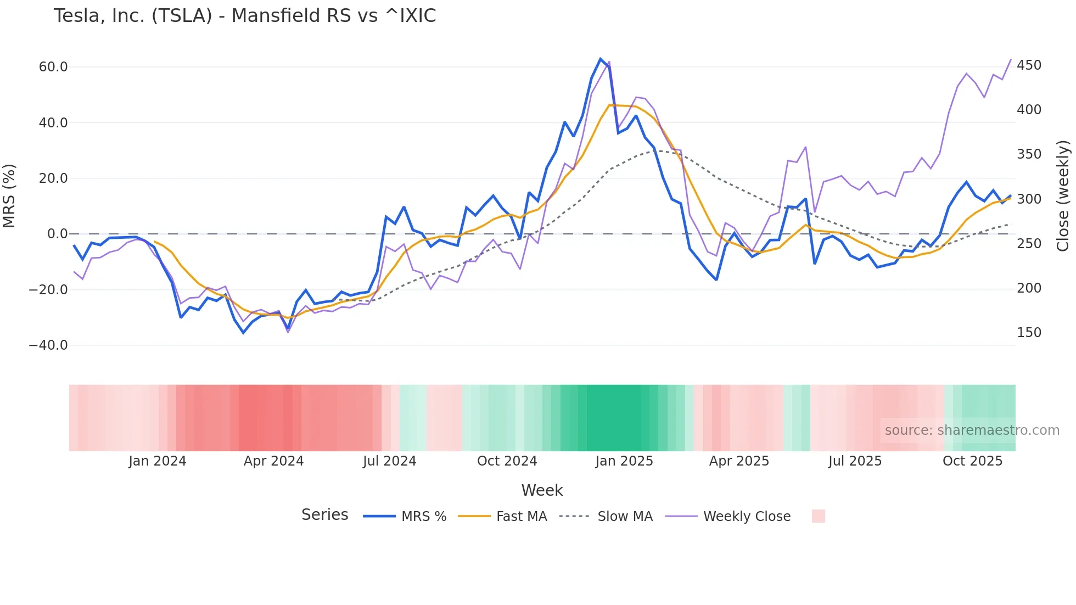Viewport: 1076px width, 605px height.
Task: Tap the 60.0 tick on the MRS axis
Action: point(53,67)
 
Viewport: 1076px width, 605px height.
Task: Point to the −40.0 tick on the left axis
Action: point(48,345)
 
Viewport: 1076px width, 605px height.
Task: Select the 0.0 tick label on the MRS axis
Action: point(58,234)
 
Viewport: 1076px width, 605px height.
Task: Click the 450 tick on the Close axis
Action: point(1029,65)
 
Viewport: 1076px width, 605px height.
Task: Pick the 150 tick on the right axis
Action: point(1029,333)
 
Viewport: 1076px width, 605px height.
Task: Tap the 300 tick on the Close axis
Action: point(1029,199)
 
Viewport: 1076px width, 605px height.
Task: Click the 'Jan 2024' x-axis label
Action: point(158,461)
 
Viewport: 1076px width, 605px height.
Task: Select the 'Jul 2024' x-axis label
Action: point(390,461)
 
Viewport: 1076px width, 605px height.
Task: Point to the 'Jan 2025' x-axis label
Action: point(624,461)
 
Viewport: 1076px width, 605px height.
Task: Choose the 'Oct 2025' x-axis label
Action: point(972,461)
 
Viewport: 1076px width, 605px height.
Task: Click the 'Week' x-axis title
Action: point(542,490)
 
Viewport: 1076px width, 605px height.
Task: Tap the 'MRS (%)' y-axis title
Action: point(9,195)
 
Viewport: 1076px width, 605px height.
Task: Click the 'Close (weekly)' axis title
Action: point(1063,195)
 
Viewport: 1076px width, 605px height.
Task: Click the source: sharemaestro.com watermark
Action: point(972,430)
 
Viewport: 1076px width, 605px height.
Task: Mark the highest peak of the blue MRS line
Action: point(601,59)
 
